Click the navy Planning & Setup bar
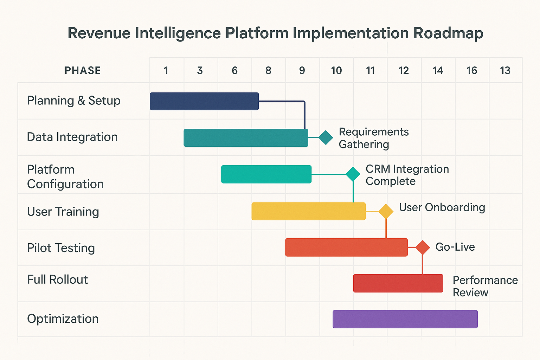coord(204,101)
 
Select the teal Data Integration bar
coord(246,138)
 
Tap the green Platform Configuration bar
coord(266,174)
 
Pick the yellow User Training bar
coord(308,211)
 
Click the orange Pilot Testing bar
coord(346,247)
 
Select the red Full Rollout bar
coord(398,283)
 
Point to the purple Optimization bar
coord(405,319)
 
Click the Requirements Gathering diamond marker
coord(326,137)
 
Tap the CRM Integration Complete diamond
coord(353,174)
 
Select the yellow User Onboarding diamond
coord(386,211)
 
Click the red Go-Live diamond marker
coord(423,247)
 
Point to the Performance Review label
coord(485,286)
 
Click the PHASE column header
coord(83,71)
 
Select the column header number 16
coord(471,71)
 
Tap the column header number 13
coord(505,71)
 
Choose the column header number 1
coord(166,71)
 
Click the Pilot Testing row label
coord(61,248)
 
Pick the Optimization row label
coord(63,319)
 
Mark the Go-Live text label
coord(455,247)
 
